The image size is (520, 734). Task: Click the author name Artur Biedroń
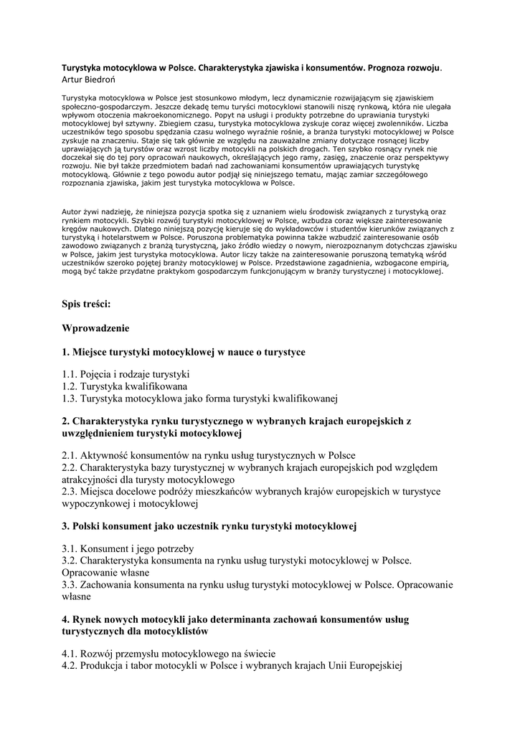tap(88, 79)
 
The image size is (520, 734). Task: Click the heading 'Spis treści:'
tap(86, 305)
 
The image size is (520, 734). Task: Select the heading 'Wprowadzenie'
tap(95, 328)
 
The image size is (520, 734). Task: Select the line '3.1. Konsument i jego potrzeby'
tap(128, 549)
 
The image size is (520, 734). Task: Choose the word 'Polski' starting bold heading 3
tap(88, 526)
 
